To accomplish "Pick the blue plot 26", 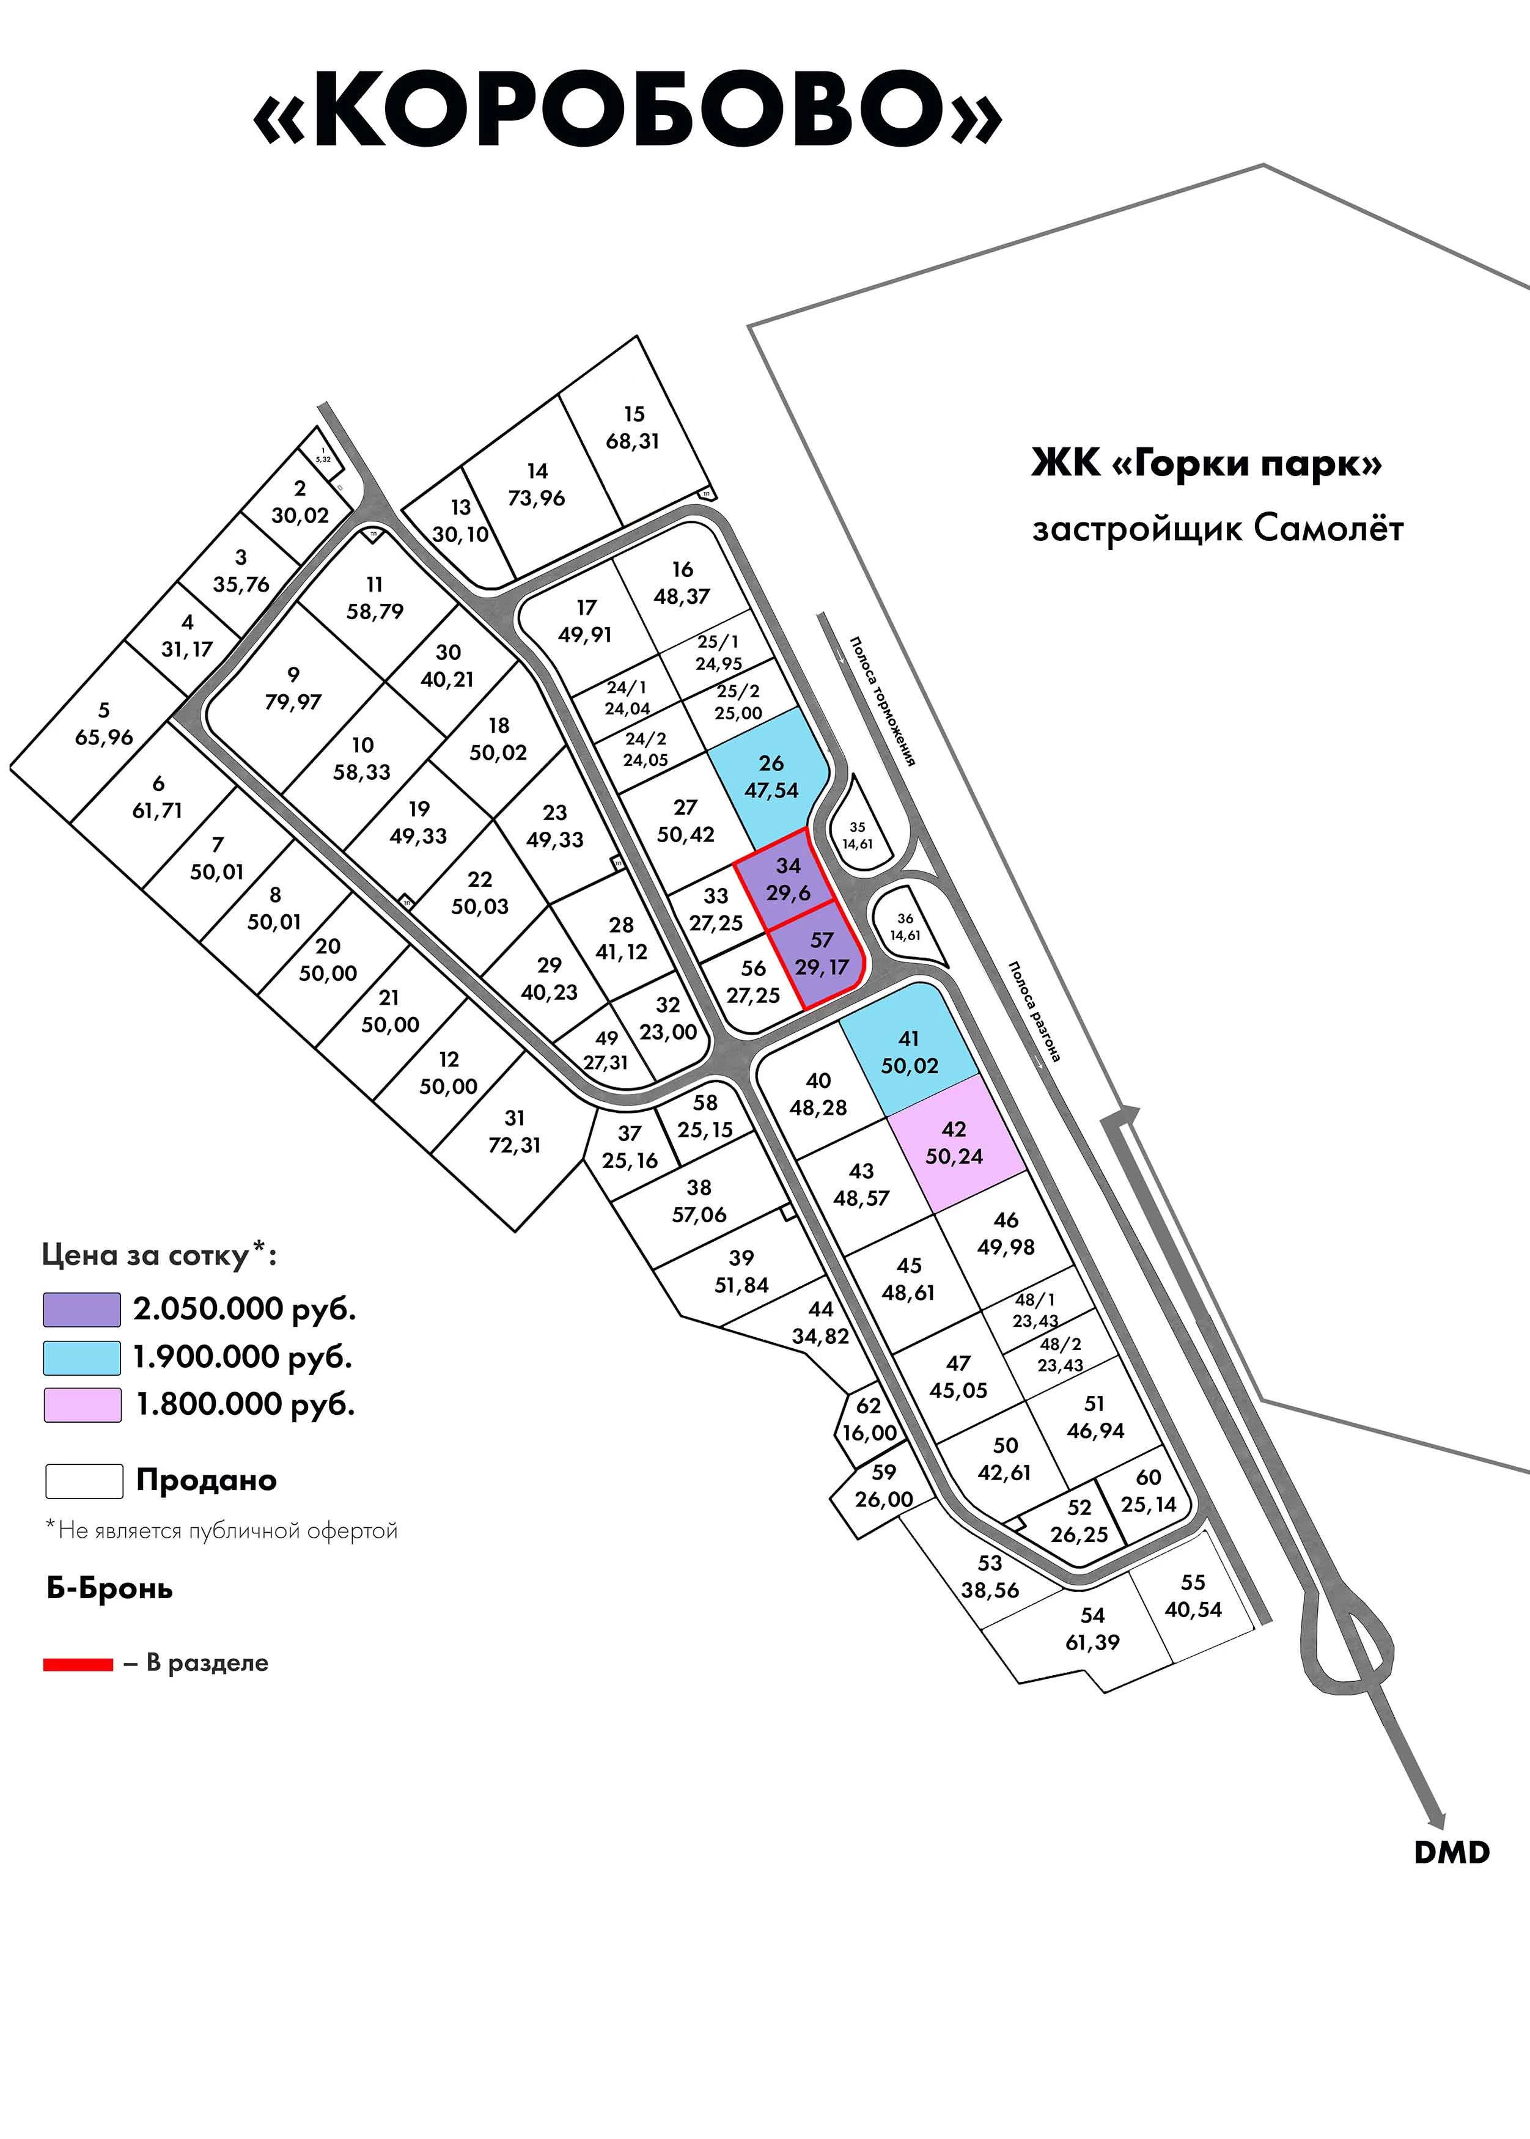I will coord(771,777).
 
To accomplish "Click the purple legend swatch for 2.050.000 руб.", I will coord(82,1309).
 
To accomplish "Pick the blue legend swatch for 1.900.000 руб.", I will coord(82,1357).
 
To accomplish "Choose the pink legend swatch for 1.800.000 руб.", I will coord(82,1404).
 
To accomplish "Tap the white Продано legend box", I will coord(84,1481).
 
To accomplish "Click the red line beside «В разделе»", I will coord(78,1664).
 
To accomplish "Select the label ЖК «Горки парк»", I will coord(1207,464).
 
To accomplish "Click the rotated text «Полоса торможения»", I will coord(882,701).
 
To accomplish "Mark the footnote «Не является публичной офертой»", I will coord(223,1530).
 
